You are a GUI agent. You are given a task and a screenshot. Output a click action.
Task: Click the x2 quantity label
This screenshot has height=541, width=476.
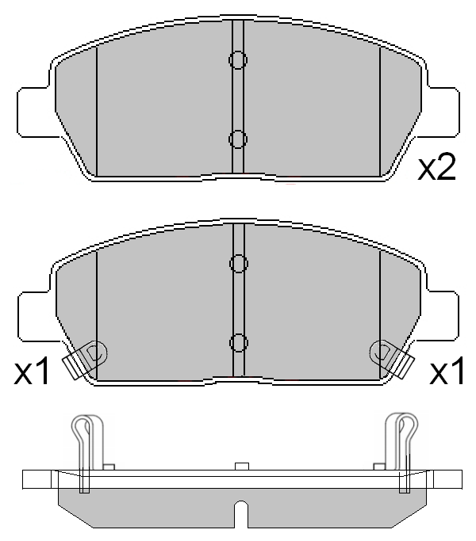pyautogui.click(x=437, y=167)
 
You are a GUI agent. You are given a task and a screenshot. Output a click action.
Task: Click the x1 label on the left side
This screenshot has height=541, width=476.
pyautogui.click(x=32, y=371)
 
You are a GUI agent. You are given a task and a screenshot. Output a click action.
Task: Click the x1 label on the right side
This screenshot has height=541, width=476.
pyautogui.click(x=447, y=371)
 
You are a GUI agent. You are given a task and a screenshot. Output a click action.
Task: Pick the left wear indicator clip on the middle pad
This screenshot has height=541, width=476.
pyautogui.click(x=86, y=358)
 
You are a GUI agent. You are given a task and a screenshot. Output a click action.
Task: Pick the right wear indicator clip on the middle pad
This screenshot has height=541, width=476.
pyautogui.click(x=391, y=358)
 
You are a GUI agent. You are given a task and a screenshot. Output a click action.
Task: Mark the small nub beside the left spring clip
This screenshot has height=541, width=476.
pyautogui.click(x=109, y=466)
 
